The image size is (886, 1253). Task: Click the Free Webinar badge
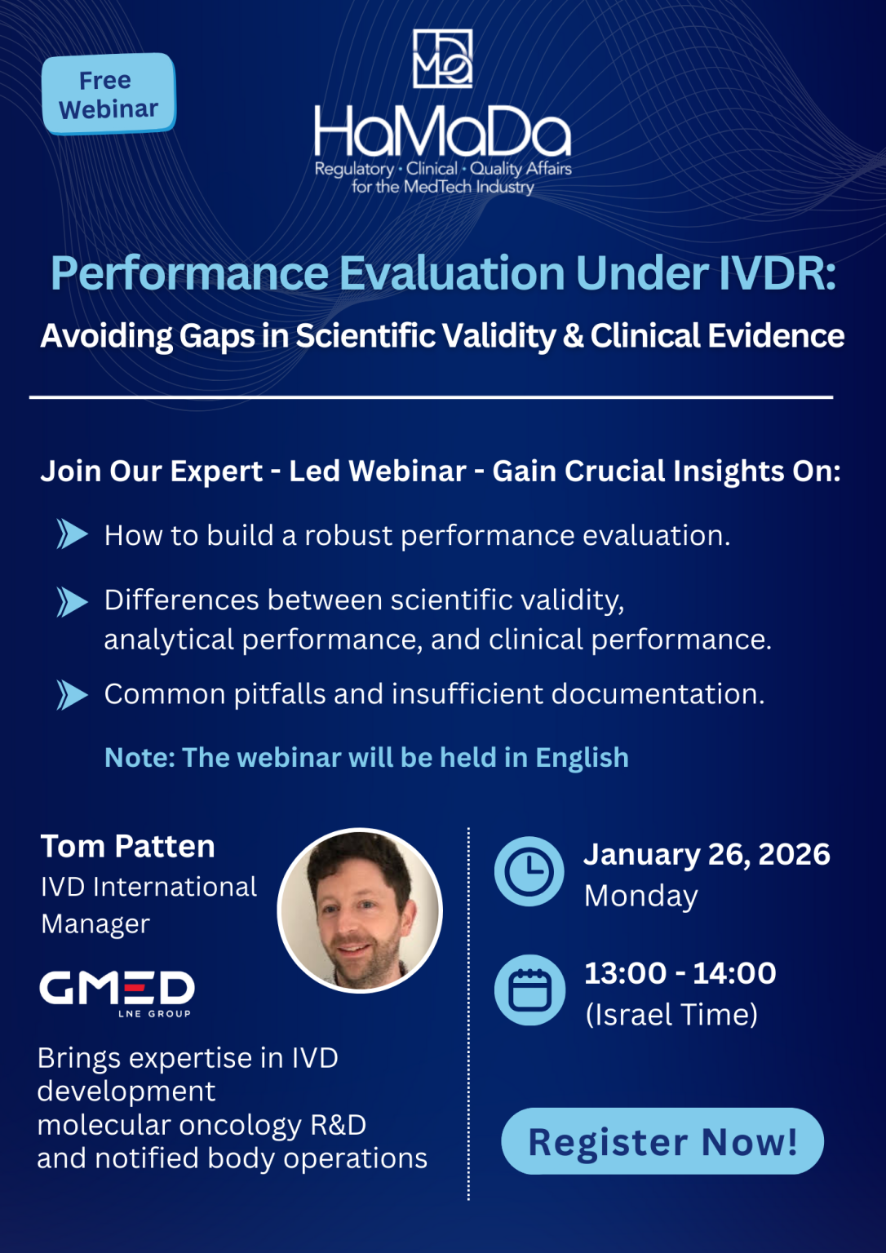[x=109, y=94]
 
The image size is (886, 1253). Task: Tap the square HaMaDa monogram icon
[x=442, y=59]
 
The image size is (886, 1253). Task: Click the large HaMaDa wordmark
[x=442, y=132]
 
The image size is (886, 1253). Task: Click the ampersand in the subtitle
[x=573, y=336]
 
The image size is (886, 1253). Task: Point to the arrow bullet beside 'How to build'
[x=73, y=534]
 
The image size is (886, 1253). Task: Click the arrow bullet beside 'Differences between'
[x=73, y=602]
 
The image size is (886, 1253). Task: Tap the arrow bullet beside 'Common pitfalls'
[x=73, y=695]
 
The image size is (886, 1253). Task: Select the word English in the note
[x=582, y=758]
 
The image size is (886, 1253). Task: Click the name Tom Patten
[x=128, y=847]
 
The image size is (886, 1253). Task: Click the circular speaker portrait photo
[x=360, y=910]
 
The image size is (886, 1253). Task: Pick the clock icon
[x=529, y=871]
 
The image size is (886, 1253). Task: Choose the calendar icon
[x=529, y=990]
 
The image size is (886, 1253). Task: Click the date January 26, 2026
[x=707, y=854]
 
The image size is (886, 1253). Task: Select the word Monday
[x=641, y=896]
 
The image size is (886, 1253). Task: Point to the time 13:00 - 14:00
[x=680, y=973]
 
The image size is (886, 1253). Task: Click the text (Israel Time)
[x=671, y=1015]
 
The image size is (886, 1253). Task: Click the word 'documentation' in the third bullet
[x=658, y=694]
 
